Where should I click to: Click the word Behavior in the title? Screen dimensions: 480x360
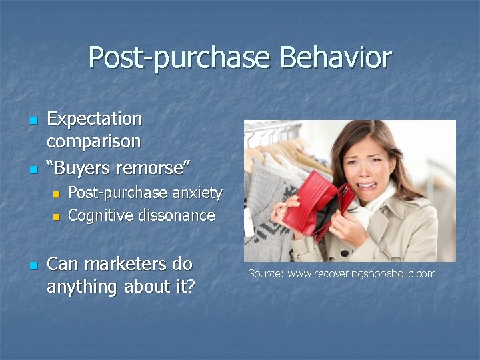point(336,57)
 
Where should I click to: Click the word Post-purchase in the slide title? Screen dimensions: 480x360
point(179,59)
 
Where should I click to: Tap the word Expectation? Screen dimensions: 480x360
point(94,119)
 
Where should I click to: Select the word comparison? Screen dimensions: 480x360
point(94,142)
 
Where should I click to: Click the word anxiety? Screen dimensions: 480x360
point(197,193)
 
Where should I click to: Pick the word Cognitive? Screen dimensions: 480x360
point(101,215)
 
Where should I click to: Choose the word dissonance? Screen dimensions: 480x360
point(177,215)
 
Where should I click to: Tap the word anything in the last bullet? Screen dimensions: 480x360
point(81,287)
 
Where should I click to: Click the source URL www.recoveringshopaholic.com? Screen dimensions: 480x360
point(361,273)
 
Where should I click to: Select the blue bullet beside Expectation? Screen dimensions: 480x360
point(34,120)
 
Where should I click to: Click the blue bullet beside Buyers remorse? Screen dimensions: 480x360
point(34,169)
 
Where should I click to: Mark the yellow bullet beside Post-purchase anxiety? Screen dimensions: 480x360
point(56,194)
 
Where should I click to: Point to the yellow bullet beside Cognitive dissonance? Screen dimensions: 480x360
point(56,217)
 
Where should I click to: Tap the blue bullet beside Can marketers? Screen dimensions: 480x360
point(34,265)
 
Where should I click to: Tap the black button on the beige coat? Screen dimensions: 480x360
point(345,253)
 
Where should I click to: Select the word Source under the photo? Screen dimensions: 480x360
point(266,273)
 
